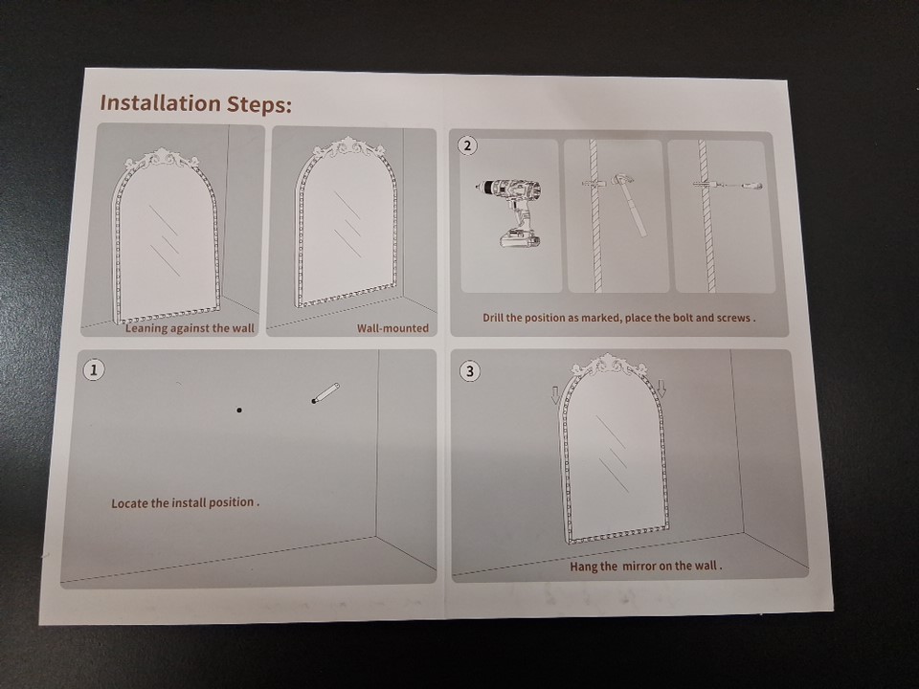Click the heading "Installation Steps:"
pyautogui.click(x=195, y=103)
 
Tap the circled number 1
pyautogui.click(x=94, y=369)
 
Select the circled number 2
pyautogui.click(x=467, y=145)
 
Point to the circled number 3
pyautogui.click(x=469, y=371)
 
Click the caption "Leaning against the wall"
pyautogui.click(x=190, y=328)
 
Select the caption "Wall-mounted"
pyautogui.click(x=392, y=328)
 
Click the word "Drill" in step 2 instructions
pyautogui.click(x=493, y=318)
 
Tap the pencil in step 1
pyautogui.click(x=325, y=392)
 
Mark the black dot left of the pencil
pyautogui.click(x=239, y=411)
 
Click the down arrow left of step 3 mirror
pyautogui.click(x=555, y=394)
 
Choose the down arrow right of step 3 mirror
pyautogui.click(x=662, y=389)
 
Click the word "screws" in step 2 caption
pyautogui.click(x=733, y=318)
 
